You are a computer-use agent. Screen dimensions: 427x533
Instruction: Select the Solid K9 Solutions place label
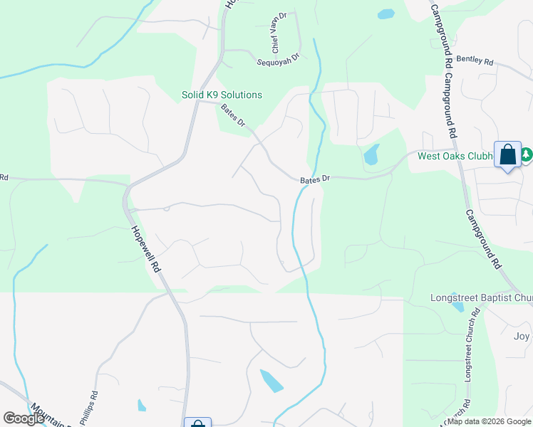[222, 95]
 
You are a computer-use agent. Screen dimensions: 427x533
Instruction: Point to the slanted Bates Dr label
[233, 115]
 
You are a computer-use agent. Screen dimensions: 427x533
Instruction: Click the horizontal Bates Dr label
[315, 181]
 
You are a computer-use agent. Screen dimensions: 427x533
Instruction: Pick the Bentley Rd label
[475, 61]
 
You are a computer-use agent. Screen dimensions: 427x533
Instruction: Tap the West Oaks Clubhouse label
[455, 157]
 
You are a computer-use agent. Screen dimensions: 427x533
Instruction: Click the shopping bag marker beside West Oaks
[507, 155]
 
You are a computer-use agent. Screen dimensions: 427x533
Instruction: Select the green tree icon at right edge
[527, 154]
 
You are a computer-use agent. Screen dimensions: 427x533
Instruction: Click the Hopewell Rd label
[145, 251]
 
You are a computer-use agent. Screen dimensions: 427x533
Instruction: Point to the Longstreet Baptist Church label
[481, 297]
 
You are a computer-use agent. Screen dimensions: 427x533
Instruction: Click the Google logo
[24, 418]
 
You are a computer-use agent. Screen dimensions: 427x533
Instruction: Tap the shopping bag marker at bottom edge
[198, 424]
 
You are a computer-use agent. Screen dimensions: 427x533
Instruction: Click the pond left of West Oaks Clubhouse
[371, 154]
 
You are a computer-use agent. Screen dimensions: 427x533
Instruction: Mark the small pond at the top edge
[385, 14]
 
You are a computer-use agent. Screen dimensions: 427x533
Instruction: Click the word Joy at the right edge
[522, 336]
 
